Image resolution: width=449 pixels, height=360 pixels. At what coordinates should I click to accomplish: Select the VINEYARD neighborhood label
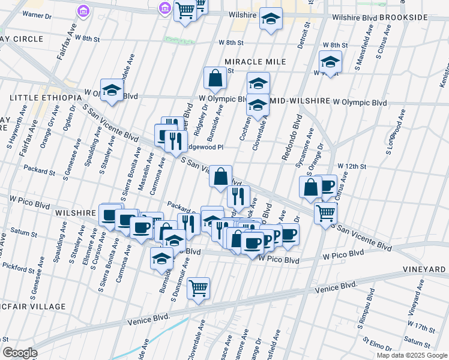(425, 269)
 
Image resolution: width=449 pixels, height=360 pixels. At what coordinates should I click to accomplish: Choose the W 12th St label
(352, 166)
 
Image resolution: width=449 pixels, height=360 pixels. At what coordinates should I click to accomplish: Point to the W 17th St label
(420, 329)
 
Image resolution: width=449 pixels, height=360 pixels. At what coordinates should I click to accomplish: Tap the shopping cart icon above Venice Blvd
(198, 289)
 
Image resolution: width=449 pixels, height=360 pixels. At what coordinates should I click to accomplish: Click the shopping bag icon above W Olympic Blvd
(215, 78)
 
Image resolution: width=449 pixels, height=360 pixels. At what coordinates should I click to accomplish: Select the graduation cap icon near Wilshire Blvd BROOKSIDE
(271, 19)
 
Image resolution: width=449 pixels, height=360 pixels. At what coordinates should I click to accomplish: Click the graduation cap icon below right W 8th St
(330, 62)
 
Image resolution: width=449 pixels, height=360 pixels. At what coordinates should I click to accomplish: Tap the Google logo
(19, 352)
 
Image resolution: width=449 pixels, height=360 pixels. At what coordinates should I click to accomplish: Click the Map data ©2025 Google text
(412, 355)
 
